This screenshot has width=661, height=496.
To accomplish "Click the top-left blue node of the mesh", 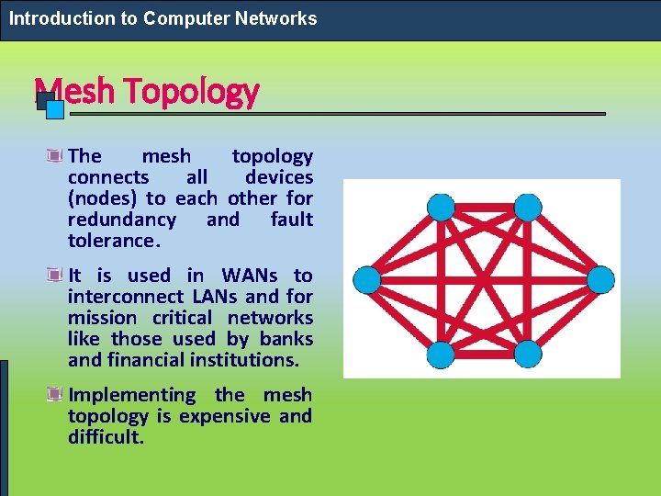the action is coord(442,208).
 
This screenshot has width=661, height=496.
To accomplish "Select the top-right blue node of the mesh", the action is coord(527,208).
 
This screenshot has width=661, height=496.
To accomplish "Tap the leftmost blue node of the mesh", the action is coord(367,278).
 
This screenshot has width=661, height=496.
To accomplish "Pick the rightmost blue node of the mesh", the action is coord(600,278).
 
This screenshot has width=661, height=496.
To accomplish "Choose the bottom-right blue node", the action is coord(527,352).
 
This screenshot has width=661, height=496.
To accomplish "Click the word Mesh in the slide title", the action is coord(73,91).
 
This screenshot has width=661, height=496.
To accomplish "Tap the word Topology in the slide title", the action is coord(191,91).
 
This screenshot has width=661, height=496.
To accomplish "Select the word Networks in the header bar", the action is coord(274,18).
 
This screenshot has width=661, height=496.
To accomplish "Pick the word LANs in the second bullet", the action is coord(214,297).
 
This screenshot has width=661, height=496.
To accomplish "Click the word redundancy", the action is coord(122,220).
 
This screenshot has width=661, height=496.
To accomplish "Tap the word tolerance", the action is coord(113,241).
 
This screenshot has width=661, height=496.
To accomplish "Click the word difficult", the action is coord(106,437).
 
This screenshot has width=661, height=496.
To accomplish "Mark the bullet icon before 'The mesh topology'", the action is coord(57,156).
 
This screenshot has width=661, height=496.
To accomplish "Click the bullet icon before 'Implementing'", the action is coord(57,395).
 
